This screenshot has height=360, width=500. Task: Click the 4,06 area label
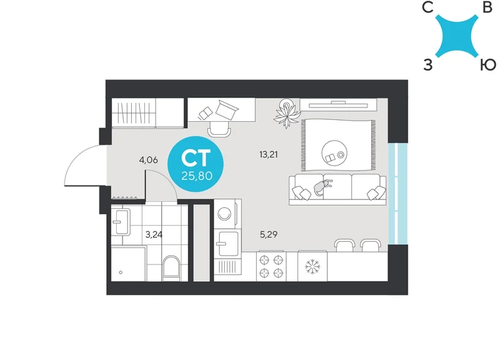point(148,160)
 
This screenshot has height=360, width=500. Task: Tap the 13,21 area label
point(269,154)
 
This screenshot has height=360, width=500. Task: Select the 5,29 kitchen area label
point(269,234)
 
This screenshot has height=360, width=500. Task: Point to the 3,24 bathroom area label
point(154,234)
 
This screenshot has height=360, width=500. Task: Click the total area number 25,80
point(197,176)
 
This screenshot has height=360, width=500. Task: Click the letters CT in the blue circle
point(196,158)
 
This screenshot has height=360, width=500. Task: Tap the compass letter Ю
point(488,65)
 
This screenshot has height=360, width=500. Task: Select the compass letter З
point(428,65)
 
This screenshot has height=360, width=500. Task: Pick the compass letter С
point(427,7)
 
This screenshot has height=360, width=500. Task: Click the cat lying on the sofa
point(322,187)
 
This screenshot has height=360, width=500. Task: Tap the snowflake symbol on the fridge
point(312,267)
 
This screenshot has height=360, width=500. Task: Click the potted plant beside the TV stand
point(287,113)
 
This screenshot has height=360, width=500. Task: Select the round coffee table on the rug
point(334,153)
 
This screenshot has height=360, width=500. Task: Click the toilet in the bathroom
point(171,269)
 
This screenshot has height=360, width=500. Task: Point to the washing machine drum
point(224,213)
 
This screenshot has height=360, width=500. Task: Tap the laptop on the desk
point(227,110)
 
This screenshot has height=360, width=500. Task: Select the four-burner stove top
point(271,267)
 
